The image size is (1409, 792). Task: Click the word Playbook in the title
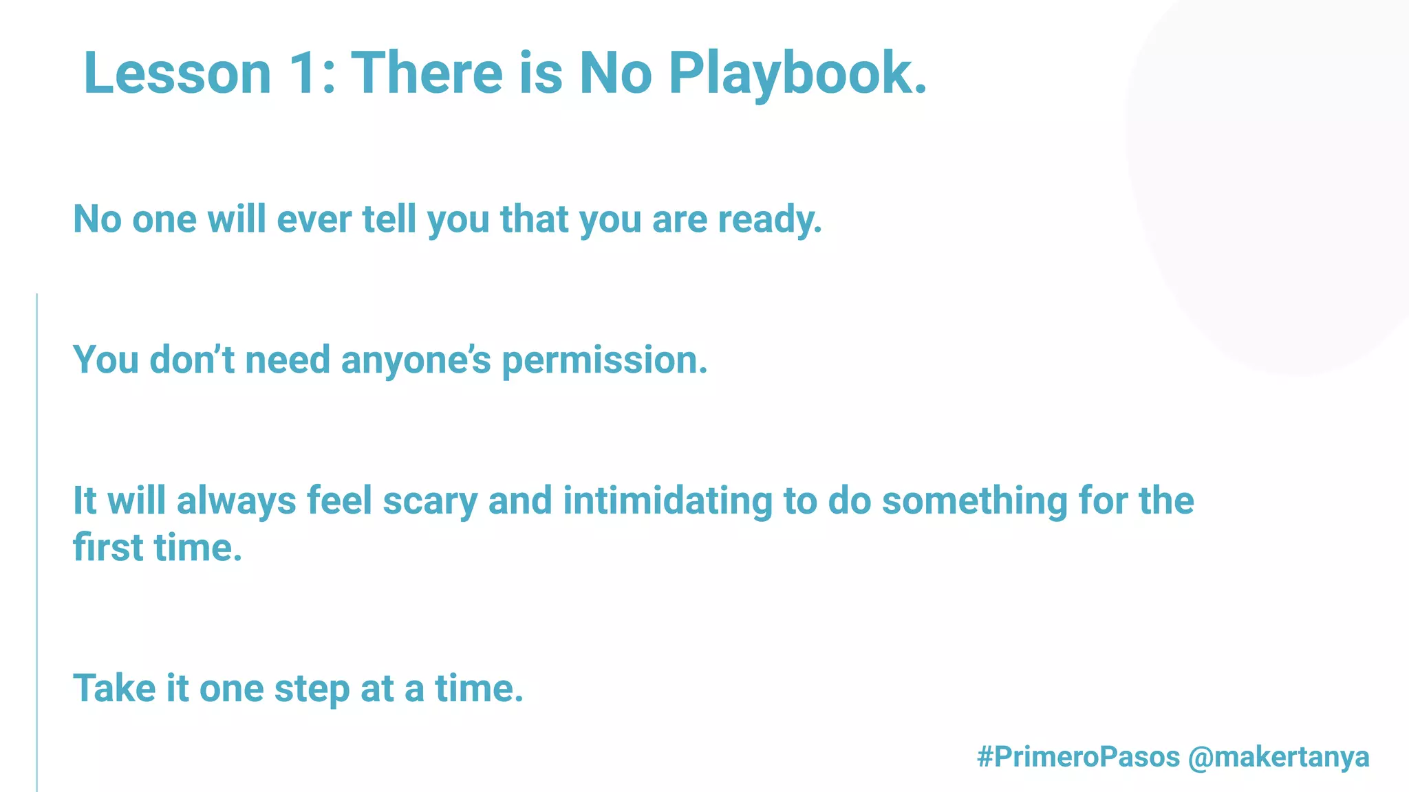[798, 74]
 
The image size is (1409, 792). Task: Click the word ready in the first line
[770, 220]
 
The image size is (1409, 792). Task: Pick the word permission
[605, 360]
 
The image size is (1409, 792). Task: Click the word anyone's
[416, 360]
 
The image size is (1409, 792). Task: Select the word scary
[430, 501]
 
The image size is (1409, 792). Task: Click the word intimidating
[667, 500]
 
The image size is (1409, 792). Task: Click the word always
[236, 501]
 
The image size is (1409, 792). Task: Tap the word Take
[114, 688]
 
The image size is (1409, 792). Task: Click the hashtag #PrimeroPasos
[1078, 757]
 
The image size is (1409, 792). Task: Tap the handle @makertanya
[1278, 757]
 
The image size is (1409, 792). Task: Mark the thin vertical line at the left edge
[36, 543]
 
